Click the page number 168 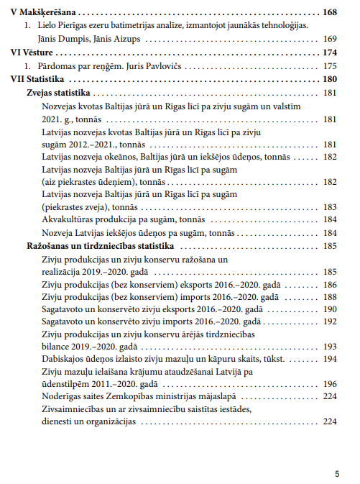(x=330, y=13)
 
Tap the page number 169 (x=330, y=39)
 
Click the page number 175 (x=330, y=66)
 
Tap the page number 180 (x=330, y=80)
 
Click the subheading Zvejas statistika (x=57, y=93)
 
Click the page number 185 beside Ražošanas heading (x=330, y=246)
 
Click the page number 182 (x=330, y=156)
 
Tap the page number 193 (x=330, y=346)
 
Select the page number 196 (x=330, y=384)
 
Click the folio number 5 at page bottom (x=337, y=474)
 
